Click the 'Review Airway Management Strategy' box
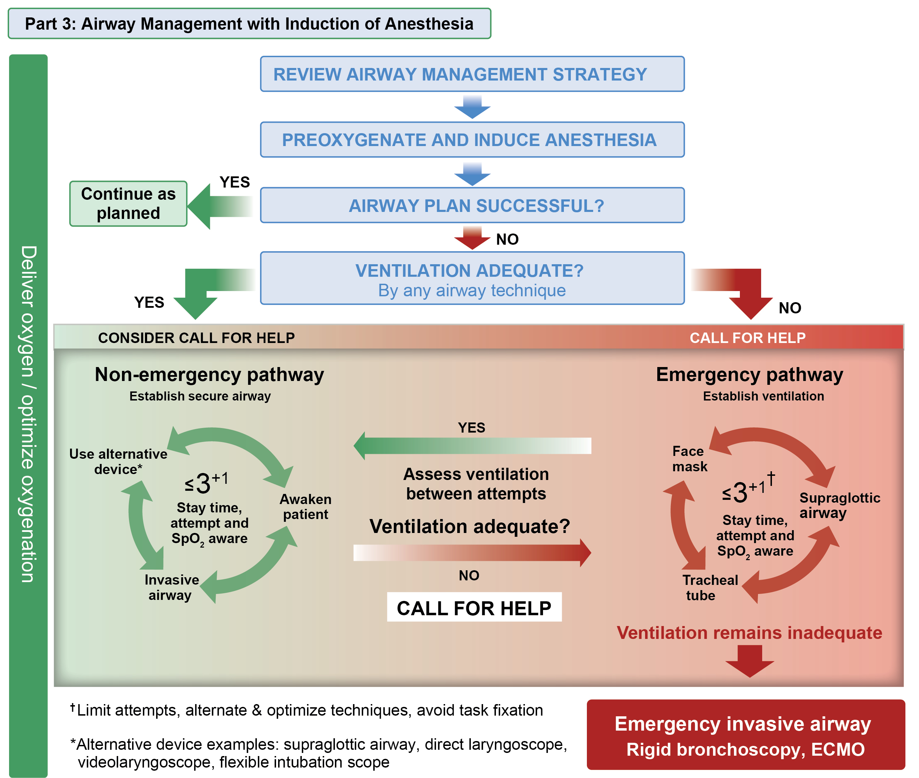[472, 74]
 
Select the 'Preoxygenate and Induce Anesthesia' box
[472, 140]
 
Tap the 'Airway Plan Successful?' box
[472, 206]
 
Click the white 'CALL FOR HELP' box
[474, 608]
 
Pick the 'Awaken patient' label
[305, 507]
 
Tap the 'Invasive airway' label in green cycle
[171, 587]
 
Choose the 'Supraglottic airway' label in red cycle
[839, 505]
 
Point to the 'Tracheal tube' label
[710, 587]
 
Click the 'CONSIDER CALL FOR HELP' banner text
[196, 338]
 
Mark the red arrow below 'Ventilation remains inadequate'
[749, 661]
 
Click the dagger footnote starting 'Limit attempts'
[309, 710]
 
